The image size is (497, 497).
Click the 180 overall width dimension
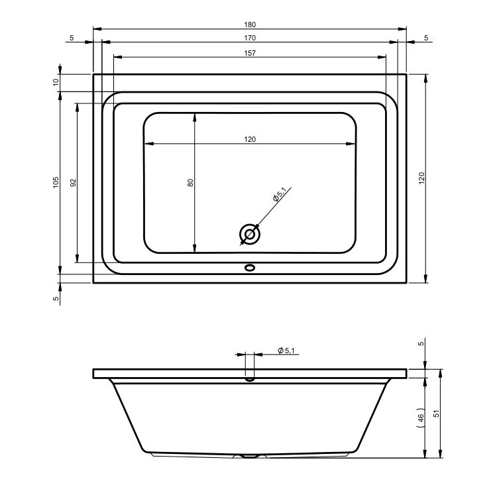(x=250, y=25)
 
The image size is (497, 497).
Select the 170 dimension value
(x=250, y=38)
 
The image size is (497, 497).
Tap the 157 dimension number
(x=250, y=53)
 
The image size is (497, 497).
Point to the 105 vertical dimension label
(x=56, y=183)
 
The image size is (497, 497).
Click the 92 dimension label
(x=73, y=183)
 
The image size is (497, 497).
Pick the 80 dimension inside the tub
(x=190, y=183)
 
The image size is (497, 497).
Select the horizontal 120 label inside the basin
(x=250, y=139)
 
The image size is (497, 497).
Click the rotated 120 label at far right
(x=421, y=178)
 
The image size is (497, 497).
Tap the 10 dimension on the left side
(x=56, y=82)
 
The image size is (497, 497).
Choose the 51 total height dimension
(x=437, y=414)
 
